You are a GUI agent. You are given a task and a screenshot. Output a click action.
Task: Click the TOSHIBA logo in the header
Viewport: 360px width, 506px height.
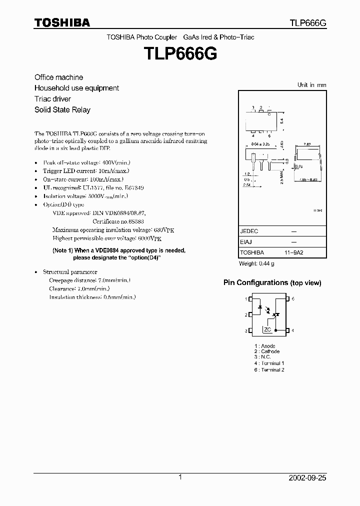click(62, 22)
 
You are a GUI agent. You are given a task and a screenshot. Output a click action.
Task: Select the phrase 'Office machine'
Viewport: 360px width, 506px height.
click(58, 77)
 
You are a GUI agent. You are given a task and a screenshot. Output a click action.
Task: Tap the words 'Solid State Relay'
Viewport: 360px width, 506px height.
click(62, 109)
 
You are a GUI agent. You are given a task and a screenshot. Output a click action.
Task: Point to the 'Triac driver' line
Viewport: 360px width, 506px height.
click(52, 99)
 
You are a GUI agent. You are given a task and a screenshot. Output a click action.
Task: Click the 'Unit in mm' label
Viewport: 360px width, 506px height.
click(311, 85)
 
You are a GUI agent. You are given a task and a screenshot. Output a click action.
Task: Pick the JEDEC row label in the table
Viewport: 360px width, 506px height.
click(249, 231)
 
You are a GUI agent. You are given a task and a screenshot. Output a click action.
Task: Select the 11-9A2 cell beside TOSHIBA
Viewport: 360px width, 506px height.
click(293, 253)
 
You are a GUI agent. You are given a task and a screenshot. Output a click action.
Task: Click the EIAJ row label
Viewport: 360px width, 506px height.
click(246, 242)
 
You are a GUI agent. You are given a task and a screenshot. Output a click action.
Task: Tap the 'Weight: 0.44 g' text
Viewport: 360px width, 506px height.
click(256, 263)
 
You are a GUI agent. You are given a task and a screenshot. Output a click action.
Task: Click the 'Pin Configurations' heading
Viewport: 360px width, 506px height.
click(272, 283)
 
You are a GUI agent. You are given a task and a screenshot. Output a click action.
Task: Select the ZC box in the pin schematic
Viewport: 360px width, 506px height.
click(268, 329)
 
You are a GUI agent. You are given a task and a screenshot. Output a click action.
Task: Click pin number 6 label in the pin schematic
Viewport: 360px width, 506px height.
click(293, 299)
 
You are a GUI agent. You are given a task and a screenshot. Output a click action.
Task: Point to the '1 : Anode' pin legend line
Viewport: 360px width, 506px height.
click(264, 346)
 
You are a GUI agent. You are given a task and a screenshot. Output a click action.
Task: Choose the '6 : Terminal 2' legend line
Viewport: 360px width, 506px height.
click(269, 369)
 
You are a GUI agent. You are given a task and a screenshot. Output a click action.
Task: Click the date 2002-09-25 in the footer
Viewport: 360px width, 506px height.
click(307, 478)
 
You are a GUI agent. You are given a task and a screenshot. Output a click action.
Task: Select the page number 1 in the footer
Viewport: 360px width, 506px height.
click(180, 477)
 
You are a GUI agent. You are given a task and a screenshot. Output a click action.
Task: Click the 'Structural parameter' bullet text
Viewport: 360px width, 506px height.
click(70, 272)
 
